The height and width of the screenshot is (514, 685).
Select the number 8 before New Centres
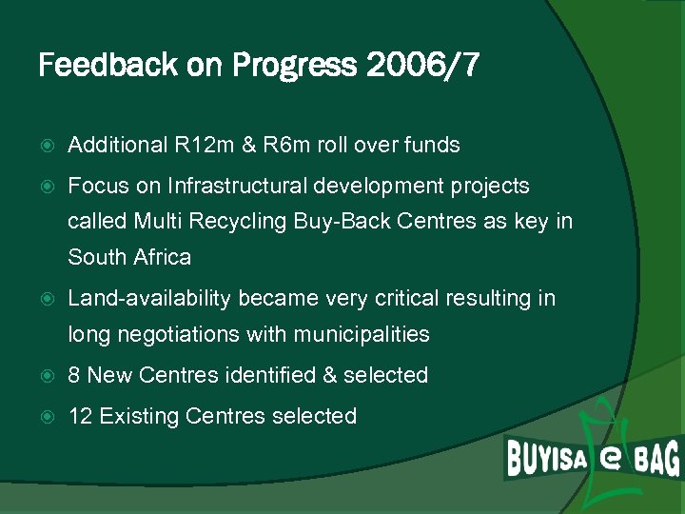pyautogui.click(x=74, y=376)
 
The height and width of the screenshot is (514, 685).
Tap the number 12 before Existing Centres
pyautogui.click(x=80, y=416)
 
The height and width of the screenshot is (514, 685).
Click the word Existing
pyautogui.click(x=139, y=416)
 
